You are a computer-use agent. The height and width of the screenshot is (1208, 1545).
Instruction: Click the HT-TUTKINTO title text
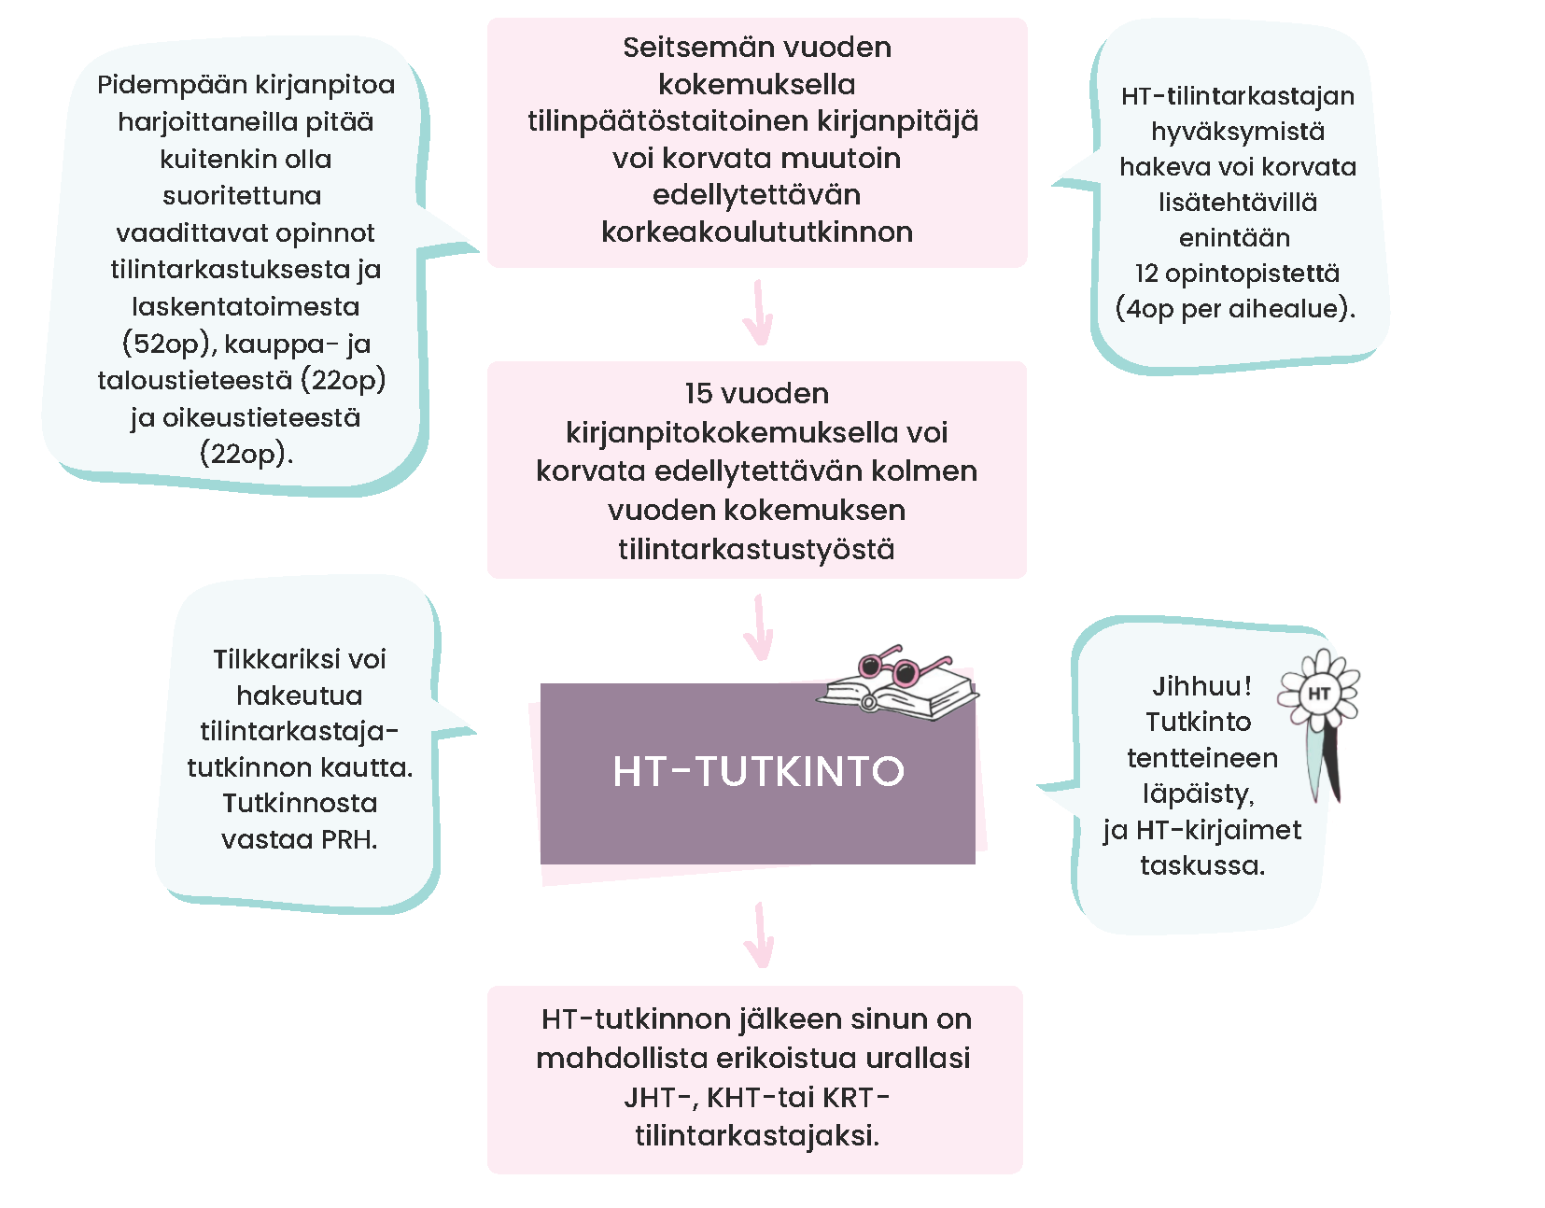coord(758,771)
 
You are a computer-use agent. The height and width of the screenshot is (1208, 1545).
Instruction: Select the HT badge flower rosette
coord(1319,693)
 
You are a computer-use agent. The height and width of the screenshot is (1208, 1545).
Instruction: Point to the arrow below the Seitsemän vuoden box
coord(758,313)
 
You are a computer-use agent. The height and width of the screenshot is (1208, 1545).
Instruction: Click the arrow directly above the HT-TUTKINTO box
coord(760,628)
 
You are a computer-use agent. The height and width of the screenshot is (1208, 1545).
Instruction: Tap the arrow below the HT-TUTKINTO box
coord(760,934)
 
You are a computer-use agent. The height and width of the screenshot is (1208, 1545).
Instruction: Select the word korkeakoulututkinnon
coord(756,232)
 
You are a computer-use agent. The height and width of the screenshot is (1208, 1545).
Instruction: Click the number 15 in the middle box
coord(698,393)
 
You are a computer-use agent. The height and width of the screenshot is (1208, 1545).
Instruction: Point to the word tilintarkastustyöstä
coord(756,549)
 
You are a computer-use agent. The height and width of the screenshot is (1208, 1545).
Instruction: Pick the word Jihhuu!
coord(1201,686)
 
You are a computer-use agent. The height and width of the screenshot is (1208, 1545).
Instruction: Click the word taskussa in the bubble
coord(1201,865)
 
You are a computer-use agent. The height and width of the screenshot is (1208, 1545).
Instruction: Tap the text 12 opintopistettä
coord(1237,274)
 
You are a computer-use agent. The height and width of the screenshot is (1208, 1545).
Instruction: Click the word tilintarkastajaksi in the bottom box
coord(755,1135)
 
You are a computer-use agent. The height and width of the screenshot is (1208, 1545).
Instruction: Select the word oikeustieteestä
coord(261,417)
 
